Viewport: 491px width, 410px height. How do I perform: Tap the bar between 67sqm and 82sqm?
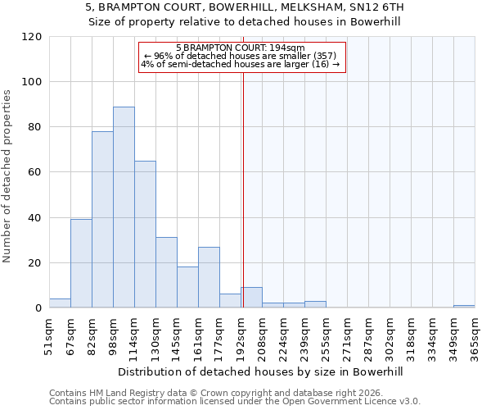point(81,263)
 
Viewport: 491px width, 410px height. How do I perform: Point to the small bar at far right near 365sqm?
point(464,307)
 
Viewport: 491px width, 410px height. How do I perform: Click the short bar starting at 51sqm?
point(60,303)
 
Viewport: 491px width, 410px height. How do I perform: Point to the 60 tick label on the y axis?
point(34,172)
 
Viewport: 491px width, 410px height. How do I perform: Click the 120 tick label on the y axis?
point(32,37)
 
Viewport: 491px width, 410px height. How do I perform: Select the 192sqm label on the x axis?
point(241,333)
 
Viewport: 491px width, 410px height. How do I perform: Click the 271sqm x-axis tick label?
point(347,333)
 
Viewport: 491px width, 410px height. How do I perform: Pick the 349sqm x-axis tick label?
point(453,333)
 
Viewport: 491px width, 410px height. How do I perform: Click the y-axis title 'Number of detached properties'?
point(8,176)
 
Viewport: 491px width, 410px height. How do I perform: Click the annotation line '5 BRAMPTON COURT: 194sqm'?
point(241,48)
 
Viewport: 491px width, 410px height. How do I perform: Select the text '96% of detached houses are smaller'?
point(241,56)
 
